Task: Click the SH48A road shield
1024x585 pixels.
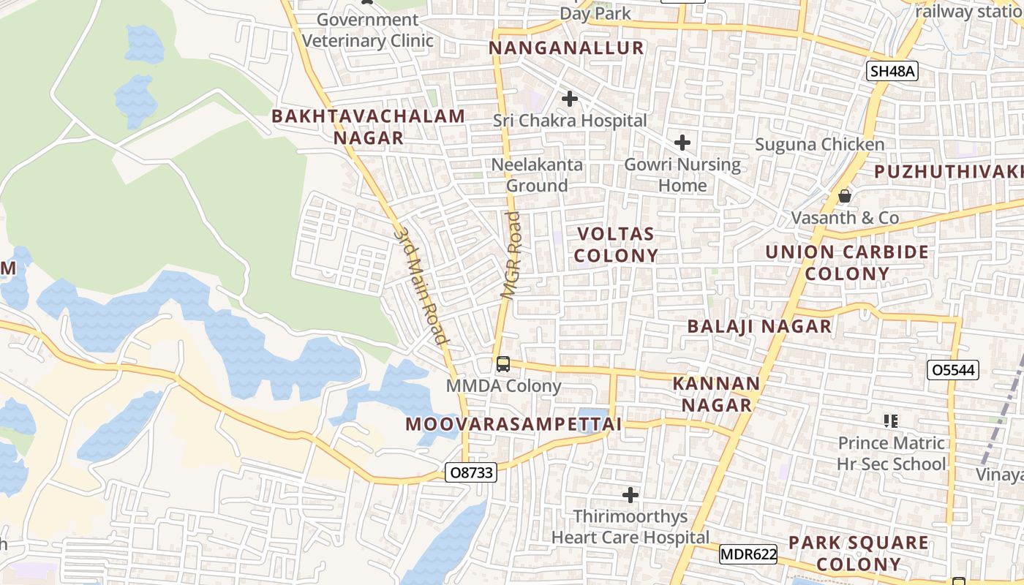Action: [x=892, y=71]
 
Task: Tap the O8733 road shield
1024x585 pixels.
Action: [x=471, y=472]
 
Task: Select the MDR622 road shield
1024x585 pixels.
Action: [x=748, y=554]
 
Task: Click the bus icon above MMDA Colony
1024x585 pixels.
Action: [x=502, y=363]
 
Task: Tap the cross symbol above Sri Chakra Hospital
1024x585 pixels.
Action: [x=569, y=99]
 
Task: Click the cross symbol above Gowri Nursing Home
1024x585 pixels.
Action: [x=682, y=142]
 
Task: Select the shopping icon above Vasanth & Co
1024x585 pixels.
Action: [x=845, y=196]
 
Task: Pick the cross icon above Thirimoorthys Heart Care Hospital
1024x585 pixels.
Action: [x=630, y=495]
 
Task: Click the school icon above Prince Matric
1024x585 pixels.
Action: [x=891, y=420]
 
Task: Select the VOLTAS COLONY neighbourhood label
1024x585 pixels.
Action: [x=616, y=245]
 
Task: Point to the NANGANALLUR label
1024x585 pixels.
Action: [x=566, y=48]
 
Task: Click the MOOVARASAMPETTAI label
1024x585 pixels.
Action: [x=513, y=424]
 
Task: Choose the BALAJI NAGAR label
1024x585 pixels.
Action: [x=759, y=327]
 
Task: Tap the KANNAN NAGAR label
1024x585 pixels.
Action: [x=716, y=394]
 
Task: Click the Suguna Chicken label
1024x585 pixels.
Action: [x=819, y=145]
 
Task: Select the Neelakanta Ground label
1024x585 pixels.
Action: [x=537, y=175]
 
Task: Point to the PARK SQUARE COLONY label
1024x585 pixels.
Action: [x=858, y=554]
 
